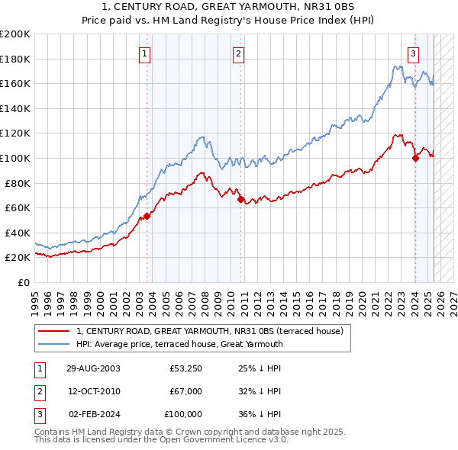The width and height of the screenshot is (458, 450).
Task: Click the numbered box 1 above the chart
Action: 145,53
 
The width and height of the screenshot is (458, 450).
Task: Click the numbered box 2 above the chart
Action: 239,53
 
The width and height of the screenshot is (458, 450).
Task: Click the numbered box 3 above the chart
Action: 413,53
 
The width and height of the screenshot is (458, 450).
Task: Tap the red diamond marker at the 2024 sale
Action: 415,159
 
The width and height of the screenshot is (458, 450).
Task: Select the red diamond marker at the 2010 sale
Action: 240,200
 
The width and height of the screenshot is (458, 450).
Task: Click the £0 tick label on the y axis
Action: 23,282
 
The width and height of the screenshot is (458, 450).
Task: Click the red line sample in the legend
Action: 54,331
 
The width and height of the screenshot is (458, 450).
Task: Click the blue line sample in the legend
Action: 54,344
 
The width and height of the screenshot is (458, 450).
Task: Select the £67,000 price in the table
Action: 186,391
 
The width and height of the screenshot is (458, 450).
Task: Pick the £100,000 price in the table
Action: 184,414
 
